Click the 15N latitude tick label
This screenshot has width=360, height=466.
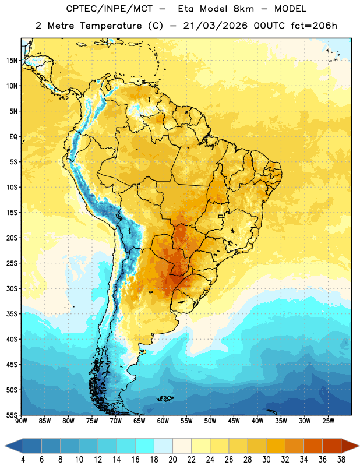[12, 61]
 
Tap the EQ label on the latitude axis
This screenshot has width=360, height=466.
[13, 137]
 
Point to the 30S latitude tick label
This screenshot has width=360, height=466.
[12, 288]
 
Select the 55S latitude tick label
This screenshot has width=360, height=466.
[12, 415]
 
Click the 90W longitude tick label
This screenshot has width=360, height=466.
[21, 421]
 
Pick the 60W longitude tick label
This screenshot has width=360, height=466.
[163, 421]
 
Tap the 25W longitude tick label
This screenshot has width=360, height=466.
[328, 421]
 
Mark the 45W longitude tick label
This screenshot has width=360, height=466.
[234, 421]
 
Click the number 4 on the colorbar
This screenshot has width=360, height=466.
[23, 460]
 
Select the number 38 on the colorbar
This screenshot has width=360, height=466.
[341, 460]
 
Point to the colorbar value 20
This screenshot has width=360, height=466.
[172, 460]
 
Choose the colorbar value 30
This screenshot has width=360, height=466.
[266, 460]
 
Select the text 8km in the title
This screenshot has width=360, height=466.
[243, 9]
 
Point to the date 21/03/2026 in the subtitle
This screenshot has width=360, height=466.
[215, 26]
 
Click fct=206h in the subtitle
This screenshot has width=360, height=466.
[314, 26]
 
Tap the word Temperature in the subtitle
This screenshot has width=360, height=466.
[111, 26]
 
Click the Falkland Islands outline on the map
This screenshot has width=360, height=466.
[165, 398]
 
